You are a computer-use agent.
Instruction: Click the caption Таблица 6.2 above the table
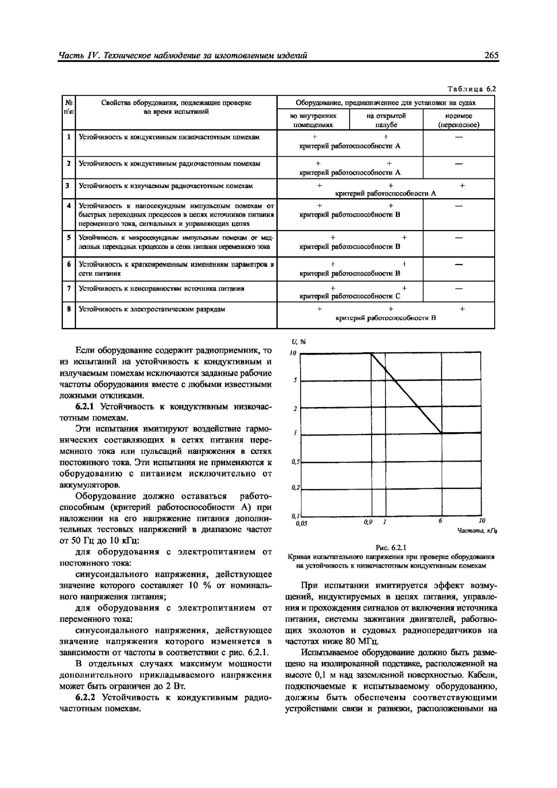472,89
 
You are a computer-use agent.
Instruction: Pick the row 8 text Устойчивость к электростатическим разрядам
152,309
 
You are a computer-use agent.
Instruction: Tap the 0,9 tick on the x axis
368,522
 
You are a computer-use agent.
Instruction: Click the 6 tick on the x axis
440,521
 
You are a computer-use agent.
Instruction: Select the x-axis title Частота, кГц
477,531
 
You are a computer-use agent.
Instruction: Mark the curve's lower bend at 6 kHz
441,433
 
